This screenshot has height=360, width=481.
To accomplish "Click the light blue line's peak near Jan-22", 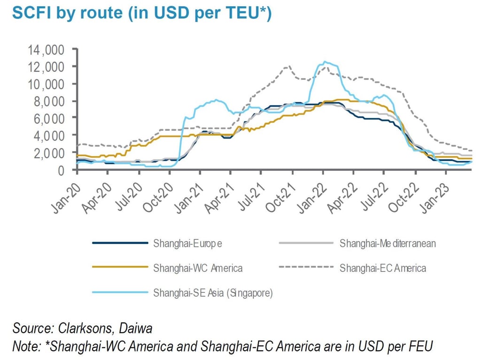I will pyautogui.click(x=324, y=62).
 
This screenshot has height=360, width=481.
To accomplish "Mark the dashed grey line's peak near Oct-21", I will pyautogui.click(x=288, y=67).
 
